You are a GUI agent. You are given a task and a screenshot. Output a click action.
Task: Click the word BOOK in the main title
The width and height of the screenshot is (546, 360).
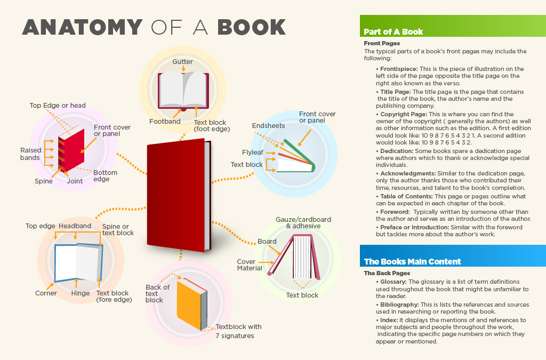(252, 27)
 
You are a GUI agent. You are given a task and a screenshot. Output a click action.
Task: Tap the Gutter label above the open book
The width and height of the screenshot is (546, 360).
(182, 62)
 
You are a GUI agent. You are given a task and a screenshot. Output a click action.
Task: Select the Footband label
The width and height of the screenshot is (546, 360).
(165, 121)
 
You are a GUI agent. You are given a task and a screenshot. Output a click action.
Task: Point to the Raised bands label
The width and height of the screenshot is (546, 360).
(30, 154)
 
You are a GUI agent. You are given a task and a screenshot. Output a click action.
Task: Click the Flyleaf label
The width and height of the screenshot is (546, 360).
(252, 152)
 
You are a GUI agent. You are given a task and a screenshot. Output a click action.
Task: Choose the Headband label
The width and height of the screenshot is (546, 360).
(75, 226)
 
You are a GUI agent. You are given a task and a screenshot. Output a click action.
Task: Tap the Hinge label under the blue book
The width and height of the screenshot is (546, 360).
(81, 293)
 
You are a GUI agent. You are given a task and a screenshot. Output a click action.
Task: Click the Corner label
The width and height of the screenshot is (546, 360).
(46, 293)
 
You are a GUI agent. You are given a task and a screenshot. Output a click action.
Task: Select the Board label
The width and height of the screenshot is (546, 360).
(267, 241)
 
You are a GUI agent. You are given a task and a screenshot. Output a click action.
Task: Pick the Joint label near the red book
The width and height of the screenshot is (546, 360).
(75, 181)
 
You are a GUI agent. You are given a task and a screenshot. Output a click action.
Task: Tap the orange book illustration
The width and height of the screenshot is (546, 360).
(192, 304)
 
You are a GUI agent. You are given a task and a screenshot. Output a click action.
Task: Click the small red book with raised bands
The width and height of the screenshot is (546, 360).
(71, 150)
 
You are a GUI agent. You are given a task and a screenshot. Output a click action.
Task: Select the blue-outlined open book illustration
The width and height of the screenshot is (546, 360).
(78, 263)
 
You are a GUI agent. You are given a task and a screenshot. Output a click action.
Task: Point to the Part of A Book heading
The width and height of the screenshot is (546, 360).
(393, 31)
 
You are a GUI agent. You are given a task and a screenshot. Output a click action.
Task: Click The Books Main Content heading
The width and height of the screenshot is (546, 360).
(412, 261)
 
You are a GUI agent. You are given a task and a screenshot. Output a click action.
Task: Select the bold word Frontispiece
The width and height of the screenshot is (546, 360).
(399, 69)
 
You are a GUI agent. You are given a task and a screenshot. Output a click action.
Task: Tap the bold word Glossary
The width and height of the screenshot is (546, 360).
(393, 282)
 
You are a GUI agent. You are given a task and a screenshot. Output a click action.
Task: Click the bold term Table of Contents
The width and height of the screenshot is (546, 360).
(406, 196)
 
